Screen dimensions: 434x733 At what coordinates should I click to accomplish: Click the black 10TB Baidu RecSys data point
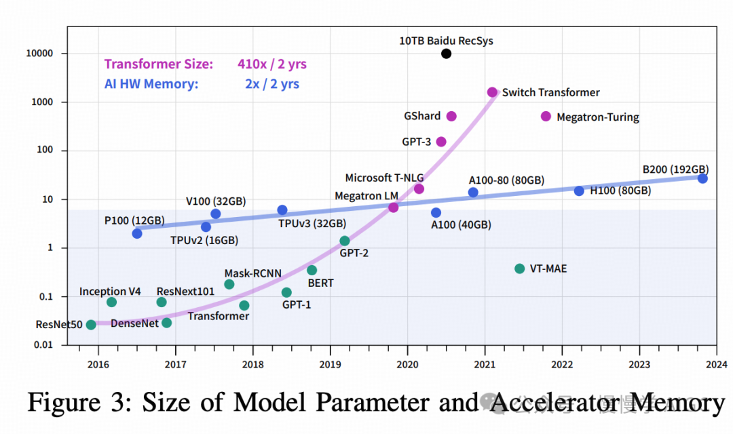pos(446,54)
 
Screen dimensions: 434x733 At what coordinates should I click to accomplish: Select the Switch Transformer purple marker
pos(492,92)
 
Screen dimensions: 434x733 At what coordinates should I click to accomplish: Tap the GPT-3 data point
pos(441,142)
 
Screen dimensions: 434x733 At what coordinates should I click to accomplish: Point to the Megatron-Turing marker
pos(546,117)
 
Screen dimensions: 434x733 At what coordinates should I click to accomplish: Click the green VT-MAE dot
pos(519,269)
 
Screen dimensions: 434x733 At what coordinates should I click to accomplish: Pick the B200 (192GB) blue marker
pos(702,178)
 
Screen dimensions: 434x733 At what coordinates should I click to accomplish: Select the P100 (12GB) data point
pos(137,233)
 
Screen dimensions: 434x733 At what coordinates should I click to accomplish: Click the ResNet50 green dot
pos(91,325)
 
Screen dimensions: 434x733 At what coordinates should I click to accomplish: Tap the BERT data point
pos(312,271)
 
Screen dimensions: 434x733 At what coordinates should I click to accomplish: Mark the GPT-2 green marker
pos(345,241)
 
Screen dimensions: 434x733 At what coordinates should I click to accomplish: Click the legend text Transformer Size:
pos(158,64)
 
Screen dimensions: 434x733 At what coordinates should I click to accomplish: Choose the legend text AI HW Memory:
pos(151,85)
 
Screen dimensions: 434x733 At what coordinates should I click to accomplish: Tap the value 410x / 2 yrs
pos(272,64)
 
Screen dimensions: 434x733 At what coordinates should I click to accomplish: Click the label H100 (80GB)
pos(620,191)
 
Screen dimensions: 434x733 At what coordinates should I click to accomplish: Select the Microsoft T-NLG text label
pos(384,178)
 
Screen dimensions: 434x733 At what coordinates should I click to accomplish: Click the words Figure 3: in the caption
pos(77,403)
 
